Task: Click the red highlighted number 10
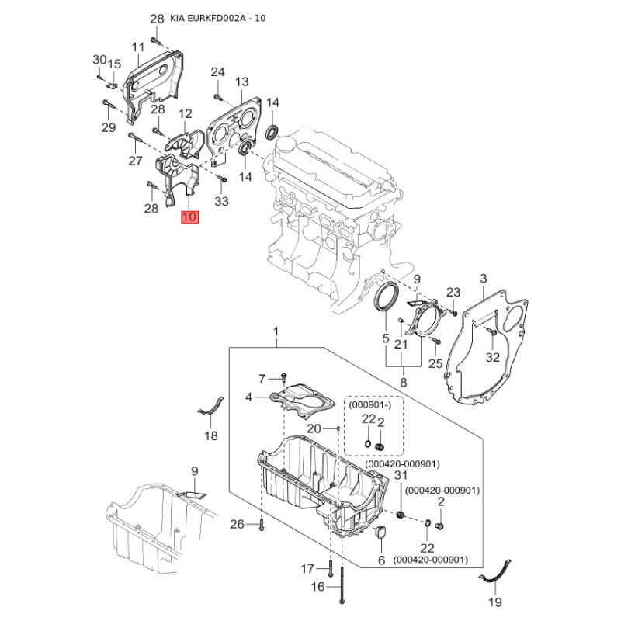189,217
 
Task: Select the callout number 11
138,47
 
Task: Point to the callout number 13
241,82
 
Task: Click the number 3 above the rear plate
483,278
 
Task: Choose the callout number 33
222,202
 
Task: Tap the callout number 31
401,476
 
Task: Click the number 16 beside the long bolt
317,587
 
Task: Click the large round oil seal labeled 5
387,298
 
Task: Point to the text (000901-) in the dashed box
369,404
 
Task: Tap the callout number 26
238,525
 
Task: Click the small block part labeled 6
381,536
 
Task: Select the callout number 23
453,293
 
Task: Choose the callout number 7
262,378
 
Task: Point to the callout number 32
493,357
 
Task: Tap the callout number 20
314,428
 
